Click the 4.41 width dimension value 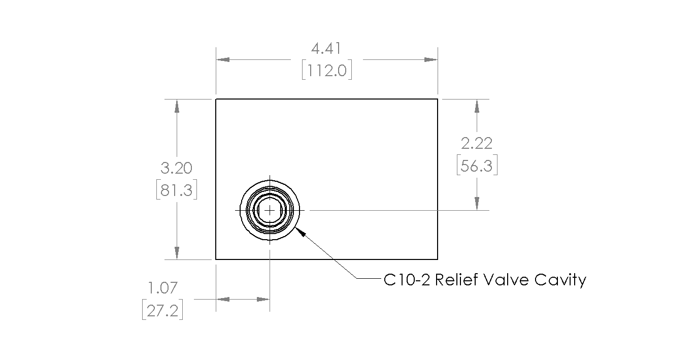tap(326, 49)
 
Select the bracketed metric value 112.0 tap(327, 70)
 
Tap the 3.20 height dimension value tap(177, 168)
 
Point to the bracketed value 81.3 tap(177, 189)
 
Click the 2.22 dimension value tap(477, 143)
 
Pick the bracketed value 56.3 tap(477, 165)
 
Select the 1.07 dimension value tap(163, 288)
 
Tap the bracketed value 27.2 tap(162, 310)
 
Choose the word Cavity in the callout tap(560, 281)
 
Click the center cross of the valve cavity tap(270, 211)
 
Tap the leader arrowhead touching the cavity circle tap(300, 232)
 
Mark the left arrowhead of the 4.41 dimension tap(223, 59)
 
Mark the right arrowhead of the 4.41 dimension tap(431, 59)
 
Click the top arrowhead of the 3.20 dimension tap(177, 106)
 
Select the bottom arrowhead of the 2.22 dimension tap(477, 204)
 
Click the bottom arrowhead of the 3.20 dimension tap(177, 253)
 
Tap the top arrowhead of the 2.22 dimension tap(477, 106)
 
